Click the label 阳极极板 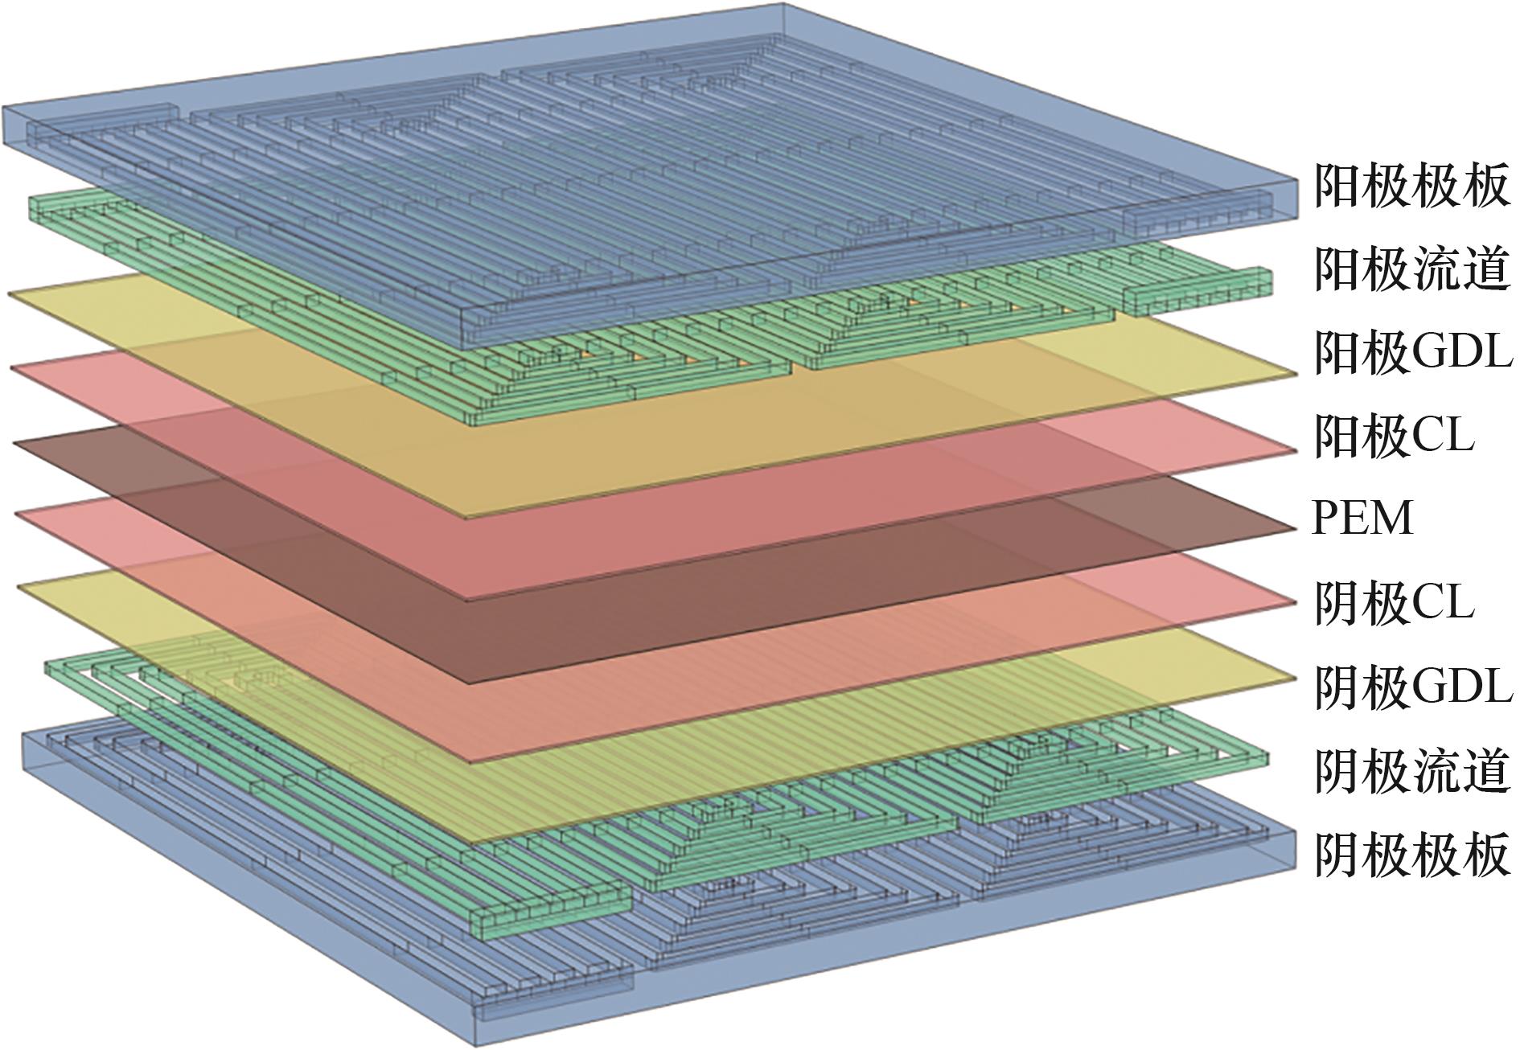click(x=1411, y=187)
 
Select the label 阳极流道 click(x=1411, y=269)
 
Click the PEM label click(x=1362, y=519)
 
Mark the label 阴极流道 click(x=1411, y=769)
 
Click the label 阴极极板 click(x=1411, y=855)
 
